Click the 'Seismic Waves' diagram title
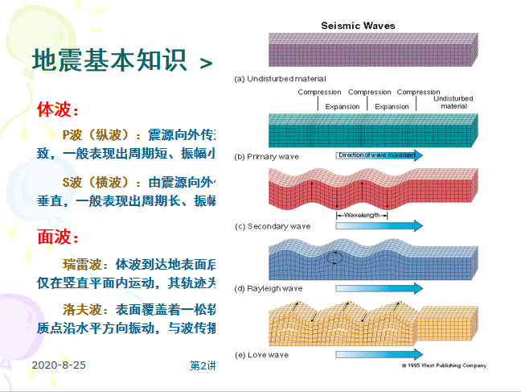(358, 26)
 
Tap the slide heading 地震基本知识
(109, 60)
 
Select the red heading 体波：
(59, 109)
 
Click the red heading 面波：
(59, 237)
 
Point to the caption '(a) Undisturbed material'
(280, 79)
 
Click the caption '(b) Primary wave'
(268, 156)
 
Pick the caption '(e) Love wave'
(261, 354)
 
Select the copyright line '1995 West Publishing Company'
(445, 365)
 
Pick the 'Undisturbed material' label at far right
(453, 102)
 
